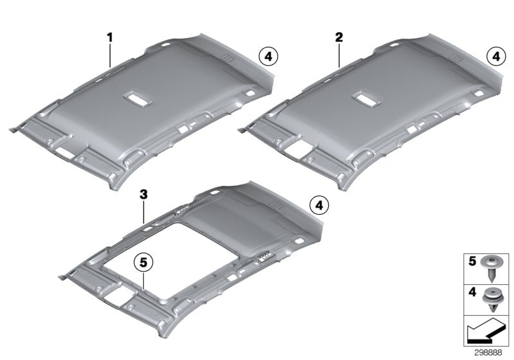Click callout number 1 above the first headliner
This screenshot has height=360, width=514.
pyautogui.click(x=110, y=38)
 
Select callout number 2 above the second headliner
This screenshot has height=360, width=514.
pyautogui.click(x=338, y=38)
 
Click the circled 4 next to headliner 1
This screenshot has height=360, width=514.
pyautogui.click(x=268, y=57)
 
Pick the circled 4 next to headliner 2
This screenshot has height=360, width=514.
pyautogui.click(x=495, y=57)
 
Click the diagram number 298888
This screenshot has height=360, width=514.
pyautogui.click(x=491, y=352)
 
